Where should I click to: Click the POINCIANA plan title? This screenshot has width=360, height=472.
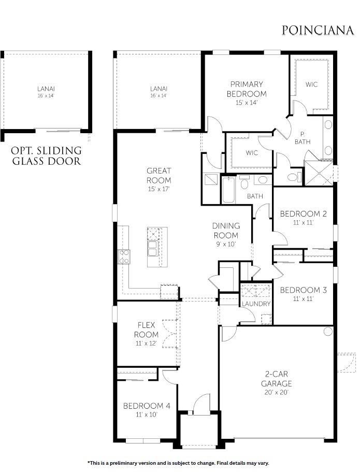point(318,30)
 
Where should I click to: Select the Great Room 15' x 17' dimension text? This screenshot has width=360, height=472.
point(159,189)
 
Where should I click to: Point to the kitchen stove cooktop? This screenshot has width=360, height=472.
point(124,256)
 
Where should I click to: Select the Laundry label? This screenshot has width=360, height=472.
point(256,304)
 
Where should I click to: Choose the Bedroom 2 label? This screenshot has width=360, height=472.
point(303,213)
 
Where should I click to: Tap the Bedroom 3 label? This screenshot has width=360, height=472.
point(303,290)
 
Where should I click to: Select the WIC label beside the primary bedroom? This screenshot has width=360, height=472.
point(311,84)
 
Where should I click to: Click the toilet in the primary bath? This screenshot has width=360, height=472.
point(293,177)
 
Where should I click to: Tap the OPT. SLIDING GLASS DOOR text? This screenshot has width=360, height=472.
point(46,156)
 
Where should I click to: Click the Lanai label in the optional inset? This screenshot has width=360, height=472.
point(46,89)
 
